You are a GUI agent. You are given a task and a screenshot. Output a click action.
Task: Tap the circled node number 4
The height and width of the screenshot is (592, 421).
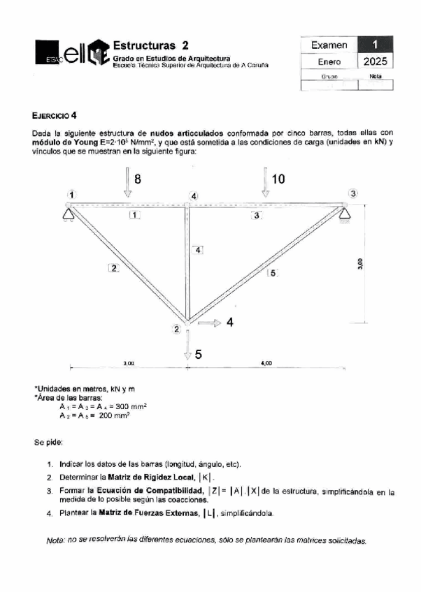[x=194, y=196]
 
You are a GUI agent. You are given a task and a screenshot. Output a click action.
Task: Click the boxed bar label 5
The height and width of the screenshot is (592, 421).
[x=273, y=273]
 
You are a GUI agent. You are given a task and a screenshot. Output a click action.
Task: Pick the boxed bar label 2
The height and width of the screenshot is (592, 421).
[x=113, y=267]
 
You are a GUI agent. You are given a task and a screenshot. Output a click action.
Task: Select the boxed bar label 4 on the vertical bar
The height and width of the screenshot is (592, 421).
[x=199, y=249]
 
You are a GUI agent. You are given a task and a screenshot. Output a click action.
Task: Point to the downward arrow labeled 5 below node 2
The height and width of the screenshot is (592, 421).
[x=187, y=344]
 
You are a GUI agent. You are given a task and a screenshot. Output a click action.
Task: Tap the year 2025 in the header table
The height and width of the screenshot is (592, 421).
[x=374, y=62]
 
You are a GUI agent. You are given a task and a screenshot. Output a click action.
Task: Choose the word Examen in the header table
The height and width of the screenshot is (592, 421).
[x=328, y=45]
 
